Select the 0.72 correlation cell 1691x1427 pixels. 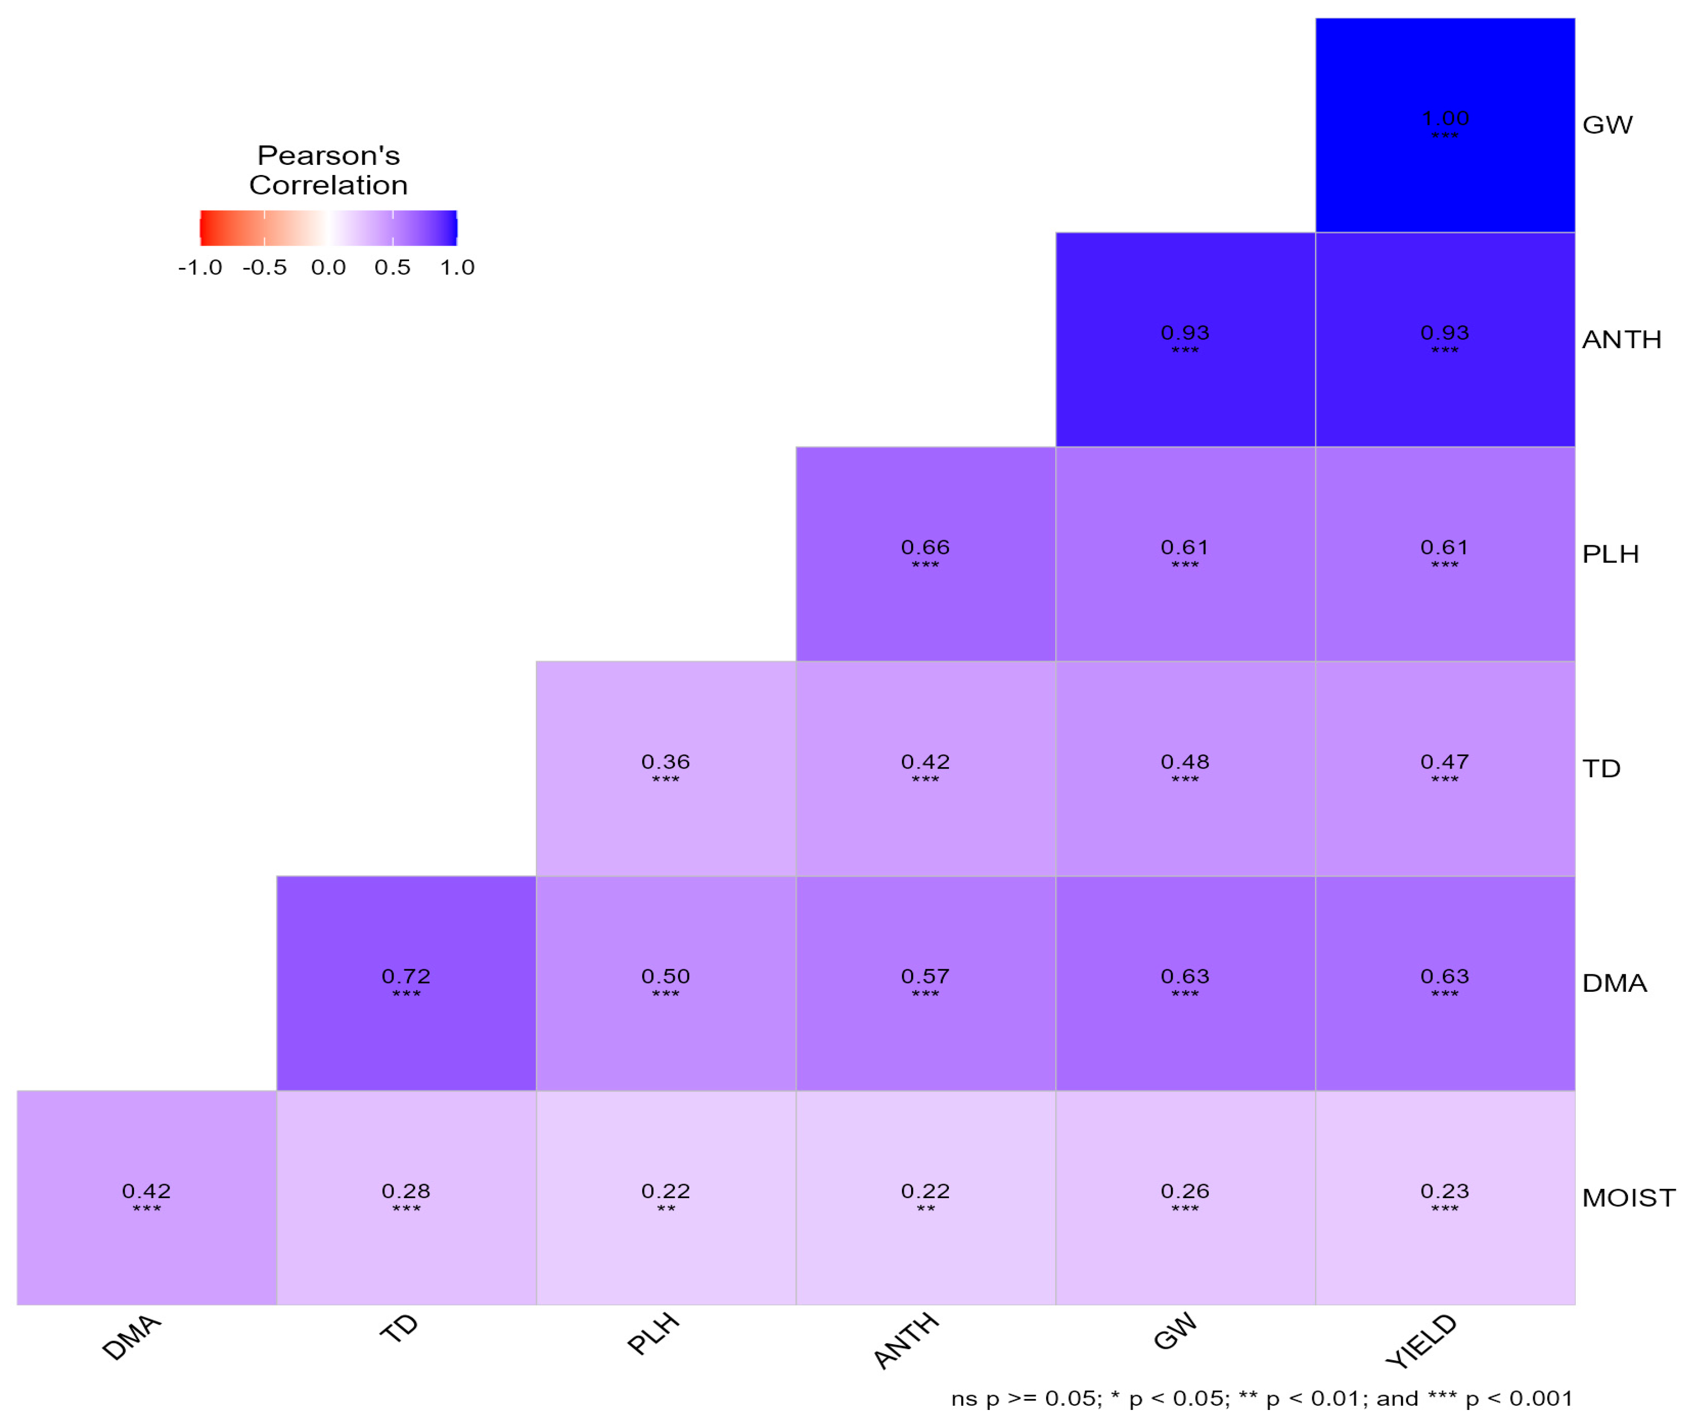tap(406, 983)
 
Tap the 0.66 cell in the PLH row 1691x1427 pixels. tap(925, 554)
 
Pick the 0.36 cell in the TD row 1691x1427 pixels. tap(665, 769)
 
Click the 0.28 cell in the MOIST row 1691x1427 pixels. tap(406, 1197)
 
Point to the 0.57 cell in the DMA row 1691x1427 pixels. tap(925, 983)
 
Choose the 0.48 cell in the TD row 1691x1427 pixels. tap(1184, 769)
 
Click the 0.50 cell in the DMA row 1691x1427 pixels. tap(665, 983)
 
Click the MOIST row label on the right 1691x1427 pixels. tap(1628, 1197)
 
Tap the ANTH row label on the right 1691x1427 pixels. tap(1621, 340)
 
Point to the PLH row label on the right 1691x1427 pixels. tap(1610, 554)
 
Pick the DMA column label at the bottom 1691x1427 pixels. tap(132, 1337)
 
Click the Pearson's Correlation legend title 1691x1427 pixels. tap(328, 170)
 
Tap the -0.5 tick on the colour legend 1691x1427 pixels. tap(264, 268)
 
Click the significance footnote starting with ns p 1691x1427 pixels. tap(1261, 1399)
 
